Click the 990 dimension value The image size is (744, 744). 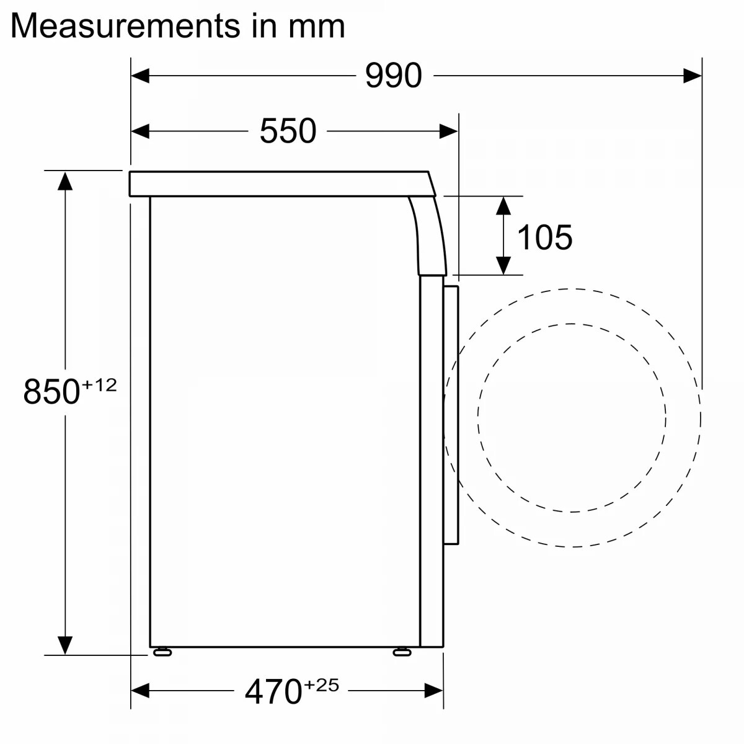pos(394,76)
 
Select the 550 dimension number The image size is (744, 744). pos(288,131)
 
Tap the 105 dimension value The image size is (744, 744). pos(545,237)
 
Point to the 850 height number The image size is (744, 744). pos(51,391)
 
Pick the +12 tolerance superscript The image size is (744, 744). pos(100,385)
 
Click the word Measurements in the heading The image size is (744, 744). pos(125,26)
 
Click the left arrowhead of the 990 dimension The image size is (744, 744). pos(139,76)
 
